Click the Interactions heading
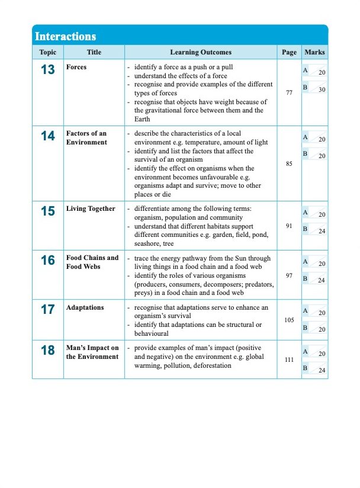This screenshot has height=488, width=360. [65, 36]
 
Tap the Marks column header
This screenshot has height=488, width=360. [314, 52]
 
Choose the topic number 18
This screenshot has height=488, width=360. [47, 351]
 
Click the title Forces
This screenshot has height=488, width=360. [76, 67]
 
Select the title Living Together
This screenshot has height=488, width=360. [91, 208]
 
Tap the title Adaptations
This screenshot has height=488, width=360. [85, 307]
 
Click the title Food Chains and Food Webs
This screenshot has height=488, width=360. [92, 262]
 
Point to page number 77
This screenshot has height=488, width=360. [289, 93]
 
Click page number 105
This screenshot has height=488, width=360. [289, 320]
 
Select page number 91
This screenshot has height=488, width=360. [289, 226]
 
